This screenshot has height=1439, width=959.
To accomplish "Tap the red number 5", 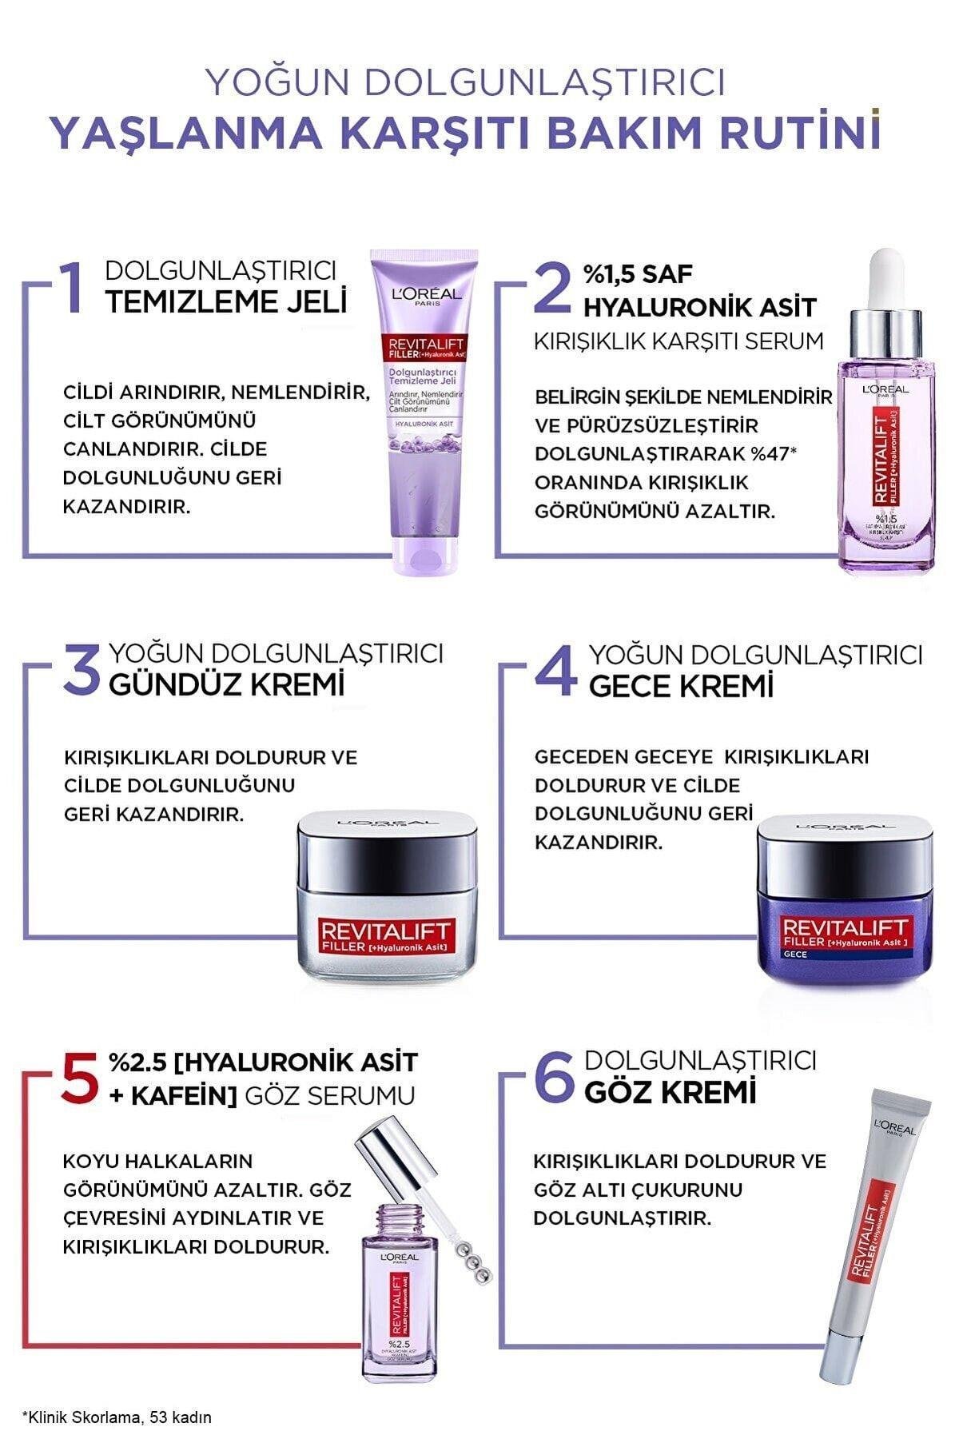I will pos(82,1076).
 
